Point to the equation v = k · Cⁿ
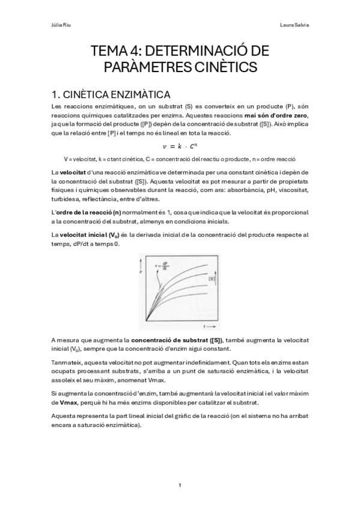(180, 146)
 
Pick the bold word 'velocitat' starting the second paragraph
(74, 173)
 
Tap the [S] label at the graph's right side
(212, 278)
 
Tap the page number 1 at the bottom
(180, 485)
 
